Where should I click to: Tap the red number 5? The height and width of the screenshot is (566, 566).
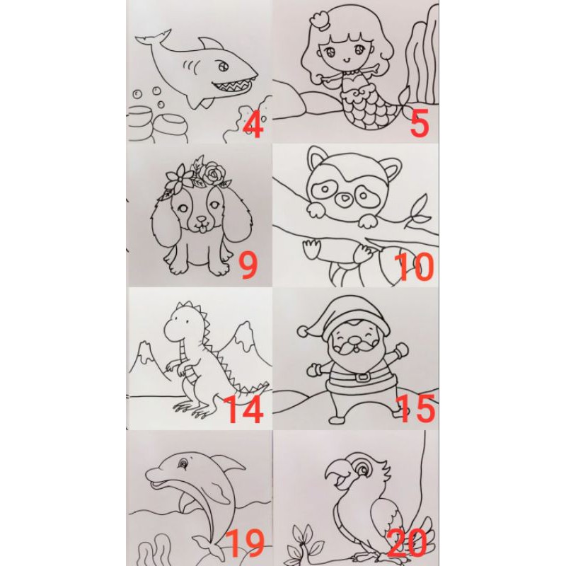[420, 122]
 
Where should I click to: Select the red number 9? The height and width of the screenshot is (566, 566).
[248, 266]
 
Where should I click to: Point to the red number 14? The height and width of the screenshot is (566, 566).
[243, 409]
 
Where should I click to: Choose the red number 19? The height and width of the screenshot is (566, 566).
[245, 543]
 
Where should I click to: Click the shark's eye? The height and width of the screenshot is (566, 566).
[222, 67]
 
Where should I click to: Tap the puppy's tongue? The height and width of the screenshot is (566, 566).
[203, 228]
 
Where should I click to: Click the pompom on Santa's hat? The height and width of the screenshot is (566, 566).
[304, 330]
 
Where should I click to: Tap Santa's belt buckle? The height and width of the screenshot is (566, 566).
[363, 377]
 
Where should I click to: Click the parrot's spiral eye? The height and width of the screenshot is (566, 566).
[362, 469]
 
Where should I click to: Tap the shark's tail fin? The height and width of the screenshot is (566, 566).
[154, 38]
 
